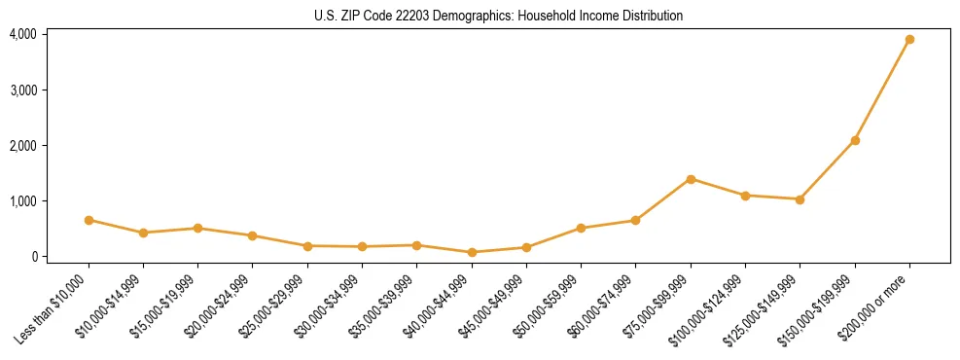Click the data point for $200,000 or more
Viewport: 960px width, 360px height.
point(909,40)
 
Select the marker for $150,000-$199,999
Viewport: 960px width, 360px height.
point(855,141)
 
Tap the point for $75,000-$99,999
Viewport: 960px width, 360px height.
point(691,179)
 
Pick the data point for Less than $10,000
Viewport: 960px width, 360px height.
point(89,220)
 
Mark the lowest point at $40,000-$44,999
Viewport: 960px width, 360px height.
point(472,252)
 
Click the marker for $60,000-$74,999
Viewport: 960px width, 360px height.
point(635,220)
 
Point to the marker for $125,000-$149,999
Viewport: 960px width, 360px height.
point(800,199)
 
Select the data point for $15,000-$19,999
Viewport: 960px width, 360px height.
point(197,229)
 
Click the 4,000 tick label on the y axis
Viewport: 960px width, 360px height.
point(23,34)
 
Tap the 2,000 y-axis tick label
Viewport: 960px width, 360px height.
point(23,146)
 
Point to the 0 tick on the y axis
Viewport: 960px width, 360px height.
point(32,257)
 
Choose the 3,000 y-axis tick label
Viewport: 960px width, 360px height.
point(23,90)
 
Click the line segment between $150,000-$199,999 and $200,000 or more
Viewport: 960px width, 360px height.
point(882,90)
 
